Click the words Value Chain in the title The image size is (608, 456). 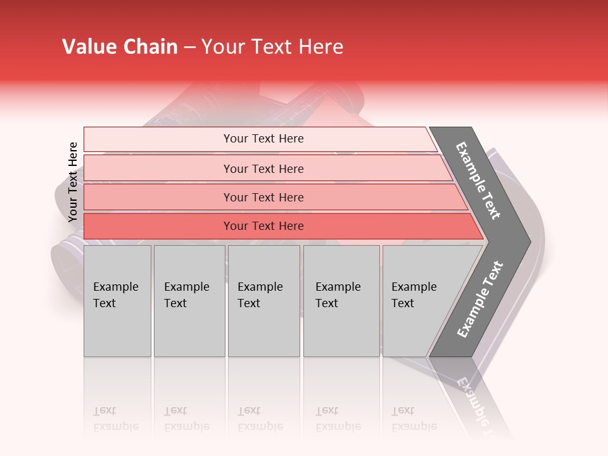tap(120, 47)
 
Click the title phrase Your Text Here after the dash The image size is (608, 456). tap(272, 47)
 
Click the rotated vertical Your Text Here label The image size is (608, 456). tap(73, 182)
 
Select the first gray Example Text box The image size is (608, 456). tap(117, 301)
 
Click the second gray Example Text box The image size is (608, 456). tap(189, 301)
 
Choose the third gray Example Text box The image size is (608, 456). tap(263, 301)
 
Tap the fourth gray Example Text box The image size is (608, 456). tap(341, 301)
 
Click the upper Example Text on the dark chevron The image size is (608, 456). tap(478, 180)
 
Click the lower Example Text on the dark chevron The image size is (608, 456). tap(479, 300)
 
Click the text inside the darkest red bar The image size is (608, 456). tap(263, 226)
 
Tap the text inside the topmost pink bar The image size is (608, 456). tap(263, 139)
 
